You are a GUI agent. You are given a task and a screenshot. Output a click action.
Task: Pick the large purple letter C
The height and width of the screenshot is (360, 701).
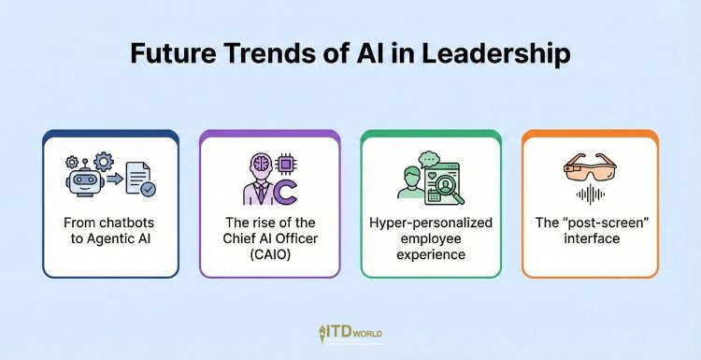tap(285, 189)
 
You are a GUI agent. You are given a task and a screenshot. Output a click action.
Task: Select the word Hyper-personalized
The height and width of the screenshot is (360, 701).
tap(430, 223)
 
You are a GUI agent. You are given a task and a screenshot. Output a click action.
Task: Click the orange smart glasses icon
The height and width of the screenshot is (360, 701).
tap(589, 169)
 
